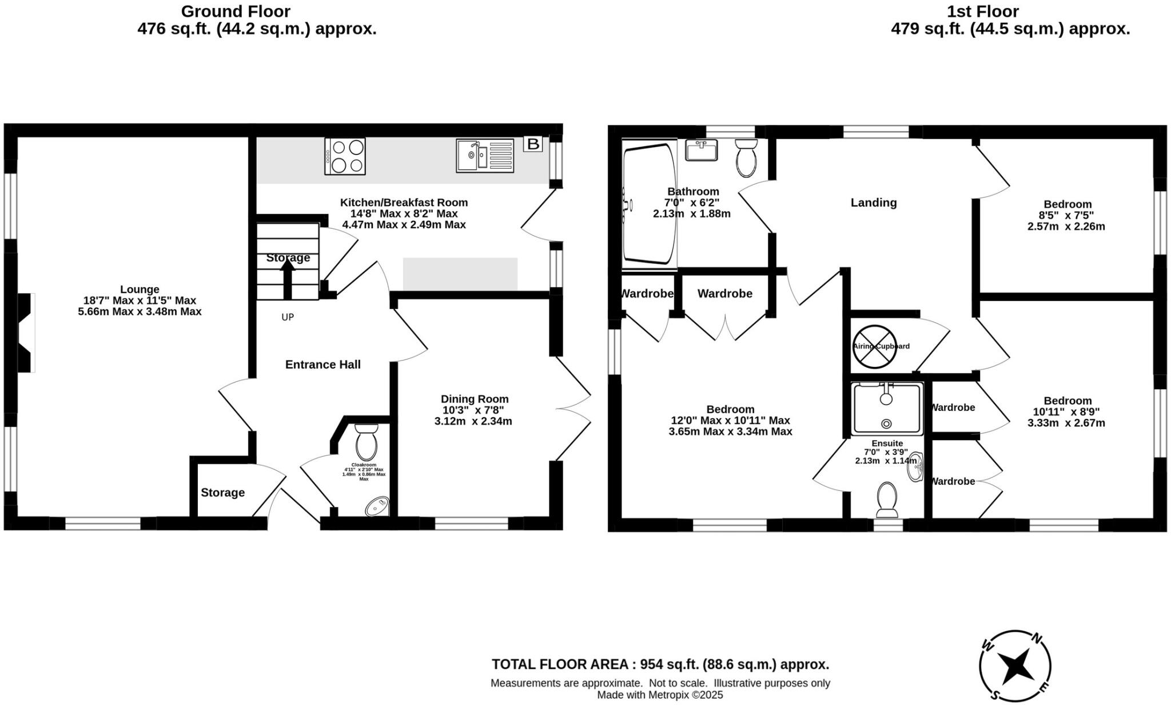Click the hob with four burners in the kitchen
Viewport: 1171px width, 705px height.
tap(345, 156)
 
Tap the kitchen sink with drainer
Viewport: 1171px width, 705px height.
tap(485, 155)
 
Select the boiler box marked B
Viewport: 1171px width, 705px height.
tap(533, 144)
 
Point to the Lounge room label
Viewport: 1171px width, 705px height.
tap(140, 290)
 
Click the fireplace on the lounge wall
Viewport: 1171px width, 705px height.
tap(25, 333)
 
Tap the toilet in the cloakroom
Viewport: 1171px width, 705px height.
tap(366, 442)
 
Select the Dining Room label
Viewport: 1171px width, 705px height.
tap(474, 399)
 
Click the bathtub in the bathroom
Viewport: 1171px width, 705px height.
tap(648, 204)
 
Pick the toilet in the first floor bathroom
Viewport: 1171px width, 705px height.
tap(746, 159)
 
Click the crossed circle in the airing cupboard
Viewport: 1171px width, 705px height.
tap(874, 346)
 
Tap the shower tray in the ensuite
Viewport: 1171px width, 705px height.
tap(886, 409)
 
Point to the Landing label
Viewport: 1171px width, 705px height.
tap(873, 203)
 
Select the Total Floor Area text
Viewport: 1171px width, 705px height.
tap(660, 664)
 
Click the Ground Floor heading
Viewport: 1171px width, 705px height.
tap(236, 11)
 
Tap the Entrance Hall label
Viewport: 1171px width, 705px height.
tap(322, 365)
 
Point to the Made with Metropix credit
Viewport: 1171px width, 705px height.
tap(660, 695)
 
